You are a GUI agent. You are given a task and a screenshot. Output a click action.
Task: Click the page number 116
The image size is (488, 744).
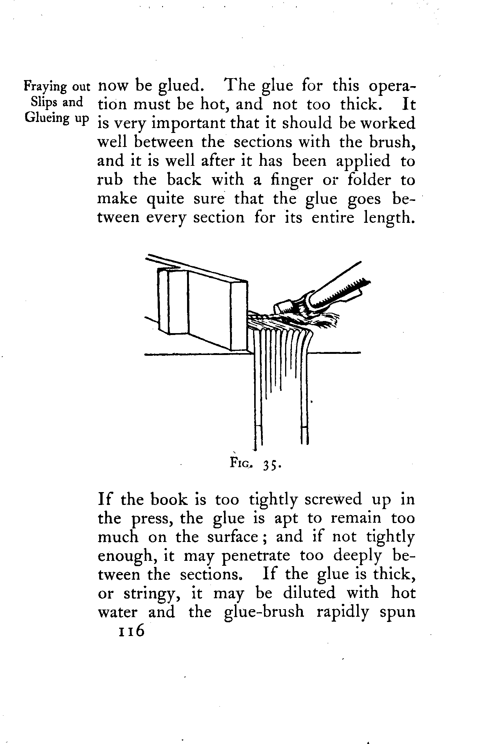coord(131,630)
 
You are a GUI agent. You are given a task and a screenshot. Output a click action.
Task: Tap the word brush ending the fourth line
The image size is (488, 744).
coord(392,142)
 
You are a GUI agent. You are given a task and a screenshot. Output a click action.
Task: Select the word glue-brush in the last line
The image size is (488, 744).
coord(264,612)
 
